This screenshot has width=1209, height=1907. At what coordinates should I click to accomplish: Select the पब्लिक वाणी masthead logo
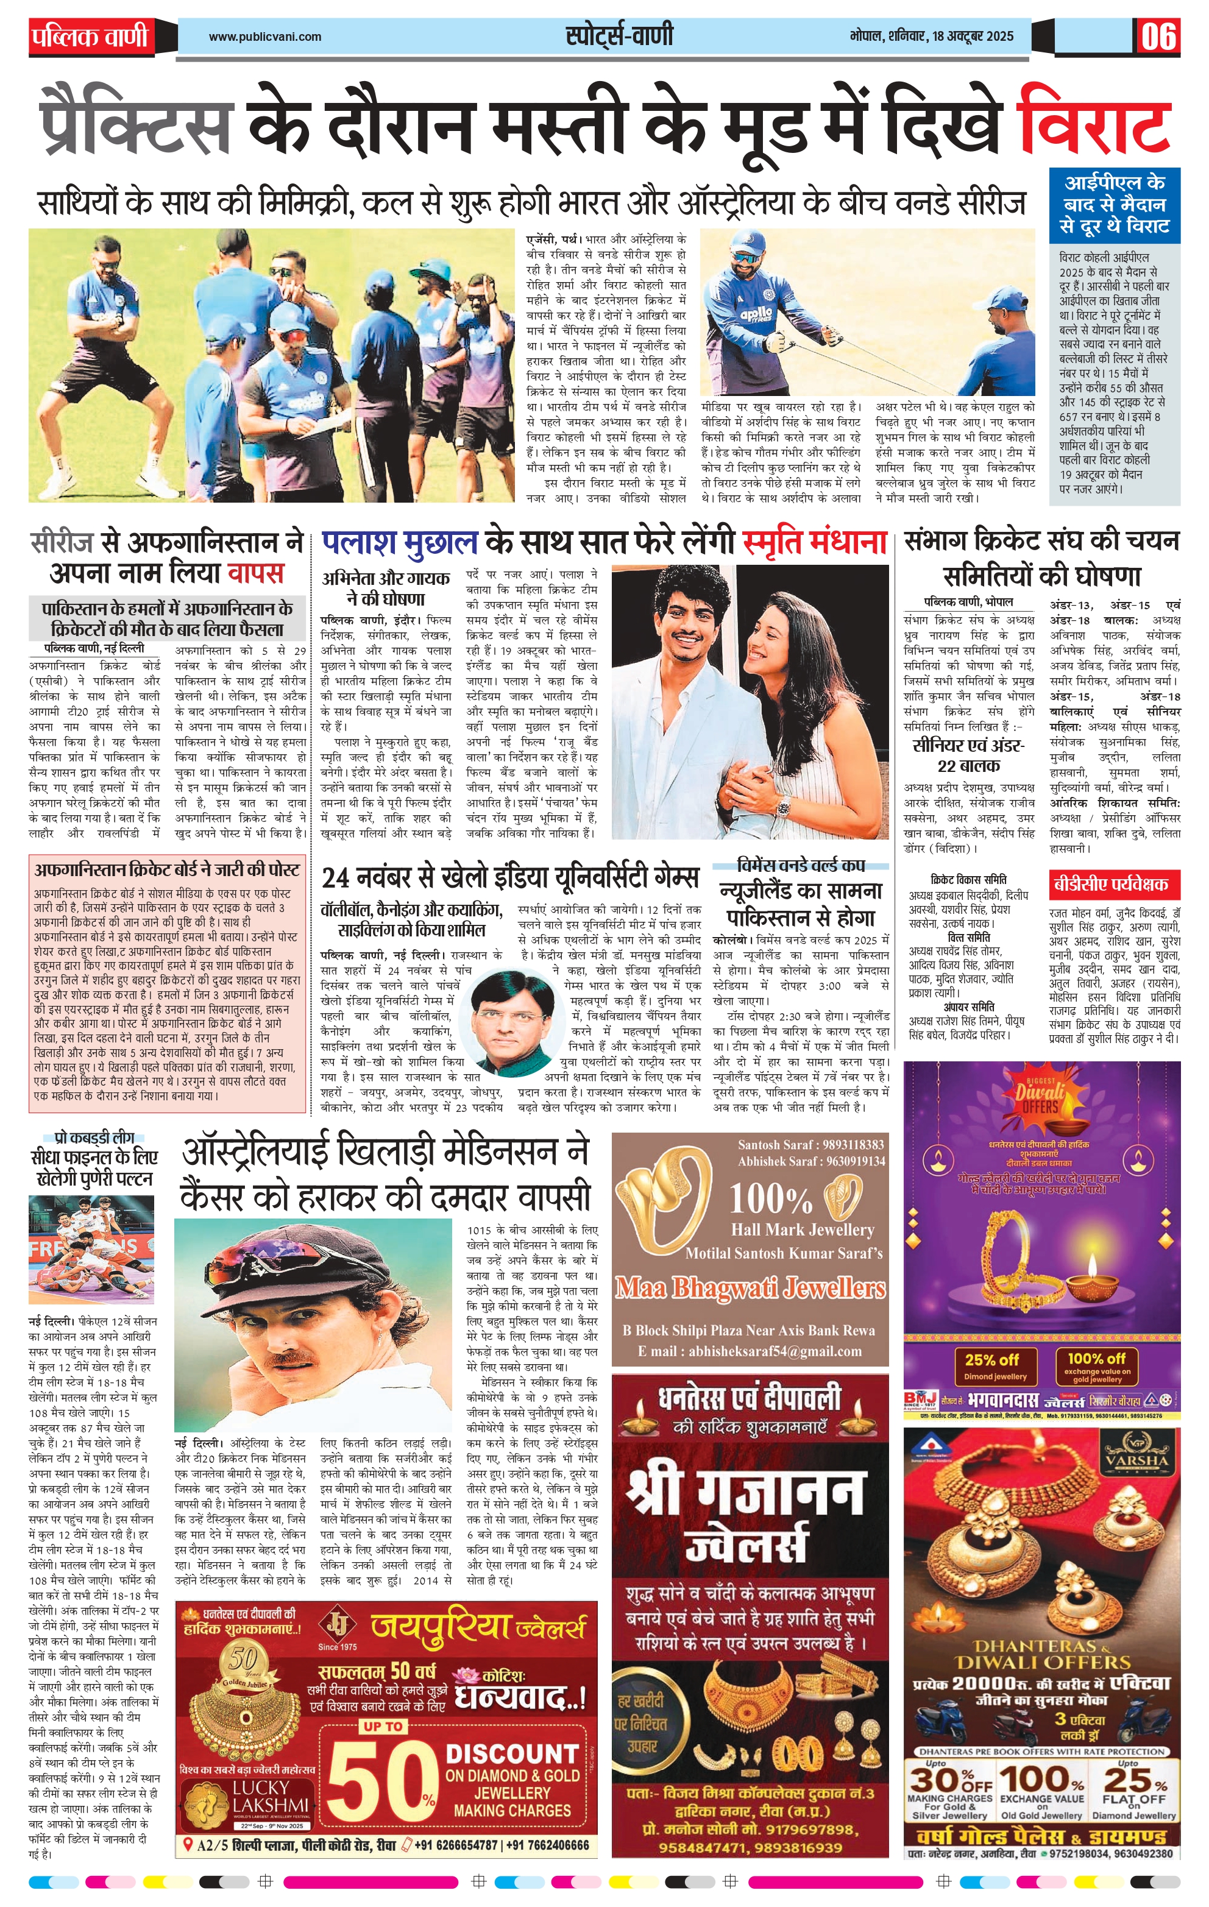pyautogui.click(x=90, y=37)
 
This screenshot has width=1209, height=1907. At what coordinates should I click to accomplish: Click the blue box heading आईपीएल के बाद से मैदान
pyautogui.click(x=1114, y=204)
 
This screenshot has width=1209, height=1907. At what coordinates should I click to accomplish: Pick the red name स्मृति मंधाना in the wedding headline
pyautogui.click(x=815, y=542)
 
